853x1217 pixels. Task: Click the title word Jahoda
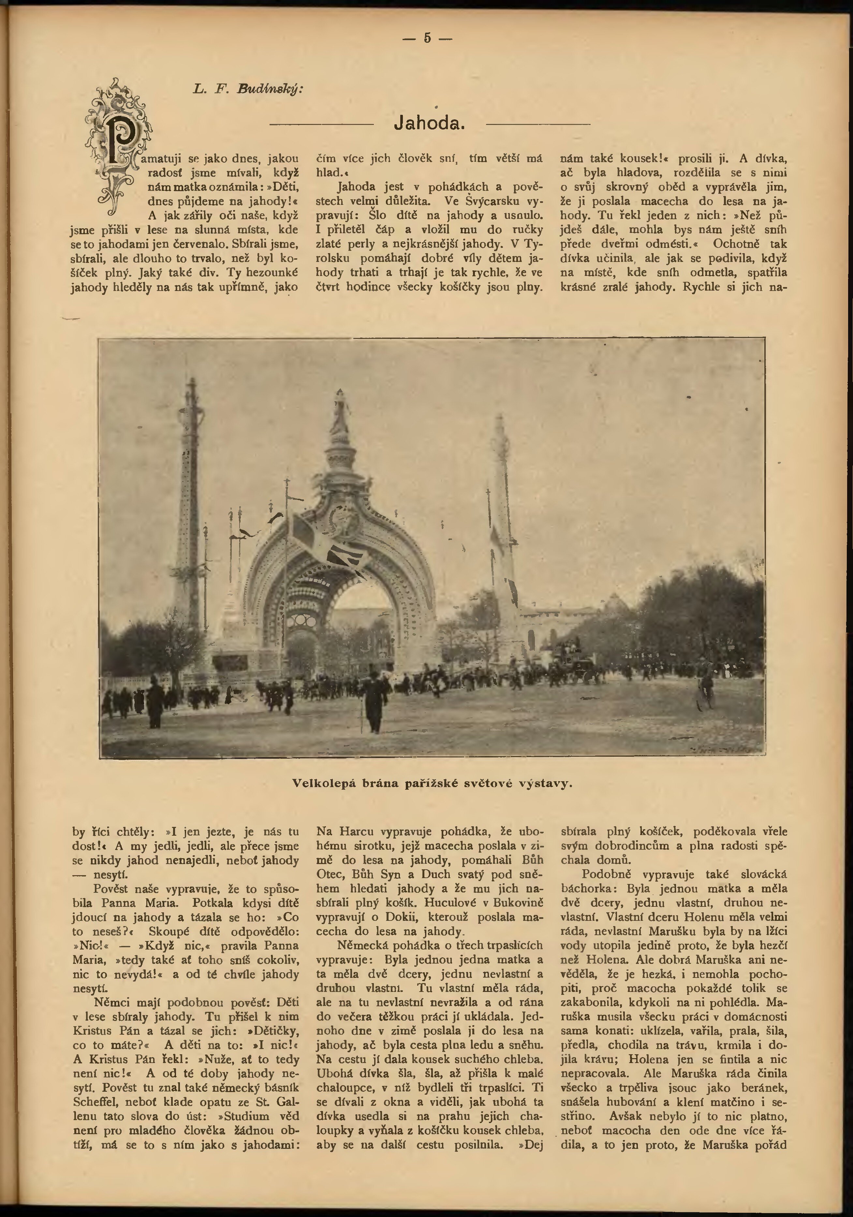pos(430,124)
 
